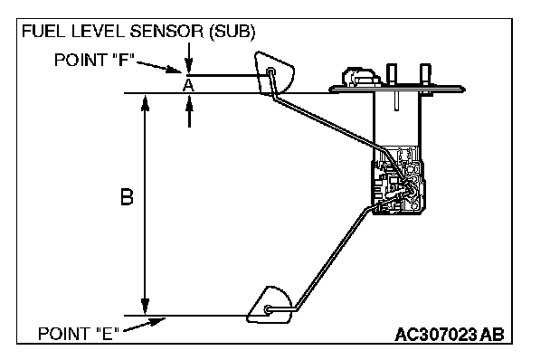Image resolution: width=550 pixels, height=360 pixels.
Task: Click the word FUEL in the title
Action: coord(43,32)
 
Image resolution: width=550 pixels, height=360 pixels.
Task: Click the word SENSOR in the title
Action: coord(166,32)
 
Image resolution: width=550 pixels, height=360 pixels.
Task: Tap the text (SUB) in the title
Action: coord(232,32)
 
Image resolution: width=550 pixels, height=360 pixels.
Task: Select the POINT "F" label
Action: coord(94,60)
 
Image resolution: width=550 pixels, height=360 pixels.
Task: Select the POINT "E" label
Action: coord(78,334)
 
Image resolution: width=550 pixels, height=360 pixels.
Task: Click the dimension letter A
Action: coord(188,85)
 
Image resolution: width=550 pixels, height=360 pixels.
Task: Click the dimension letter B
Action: coord(127,197)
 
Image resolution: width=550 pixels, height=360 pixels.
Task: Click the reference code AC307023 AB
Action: coord(450,335)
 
